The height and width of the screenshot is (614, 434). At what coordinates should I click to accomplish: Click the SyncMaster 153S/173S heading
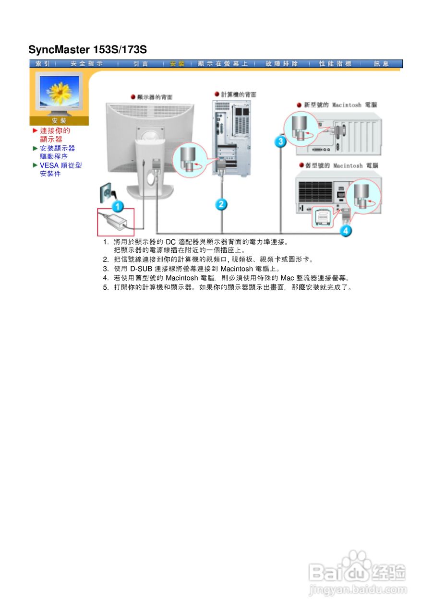click(x=87, y=49)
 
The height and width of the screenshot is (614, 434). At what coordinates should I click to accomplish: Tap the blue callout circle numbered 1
click(x=118, y=207)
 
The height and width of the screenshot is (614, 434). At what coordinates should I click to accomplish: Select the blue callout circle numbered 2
click(x=221, y=204)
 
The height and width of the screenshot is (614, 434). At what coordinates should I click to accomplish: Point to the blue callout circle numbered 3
click(x=280, y=141)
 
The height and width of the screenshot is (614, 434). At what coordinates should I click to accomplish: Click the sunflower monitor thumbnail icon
click(x=59, y=92)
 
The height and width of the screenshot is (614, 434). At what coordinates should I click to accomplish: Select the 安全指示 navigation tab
click(x=86, y=64)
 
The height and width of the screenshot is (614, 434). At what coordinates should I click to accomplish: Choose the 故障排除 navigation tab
click(x=281, y=64)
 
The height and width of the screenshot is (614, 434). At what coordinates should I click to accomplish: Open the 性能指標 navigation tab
click(x=335, y=64)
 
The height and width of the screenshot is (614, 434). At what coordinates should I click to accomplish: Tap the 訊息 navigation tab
click(x=382, y=64)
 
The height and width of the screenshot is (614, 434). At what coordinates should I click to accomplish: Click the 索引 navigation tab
click(x=43, y=64)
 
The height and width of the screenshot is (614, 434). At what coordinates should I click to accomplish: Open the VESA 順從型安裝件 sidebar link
click(x=60, y=169)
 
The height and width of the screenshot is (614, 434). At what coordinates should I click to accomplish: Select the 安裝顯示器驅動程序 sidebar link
click(x=57, y=152)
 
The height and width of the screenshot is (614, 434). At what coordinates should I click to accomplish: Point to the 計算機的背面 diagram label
click(x=238, y=94)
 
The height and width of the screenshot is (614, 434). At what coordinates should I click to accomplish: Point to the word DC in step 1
click(x=171, y=241)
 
